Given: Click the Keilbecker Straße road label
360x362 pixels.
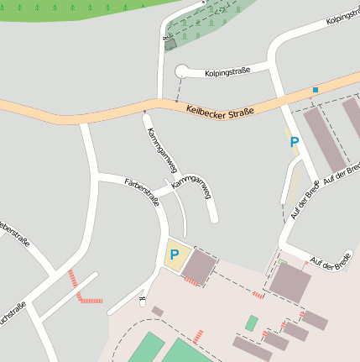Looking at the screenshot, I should tap(220, 109).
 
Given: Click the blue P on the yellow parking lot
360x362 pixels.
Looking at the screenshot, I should tap(175, 254).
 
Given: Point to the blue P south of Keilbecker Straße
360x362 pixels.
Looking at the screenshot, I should tap(294, 143).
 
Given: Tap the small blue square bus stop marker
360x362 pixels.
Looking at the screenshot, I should tap(316, 90).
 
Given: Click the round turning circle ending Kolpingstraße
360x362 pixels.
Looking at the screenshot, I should tap(182, 73).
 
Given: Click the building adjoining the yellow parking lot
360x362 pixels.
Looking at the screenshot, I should tap(199, 267).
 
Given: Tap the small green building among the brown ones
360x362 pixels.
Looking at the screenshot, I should tap(251, 323).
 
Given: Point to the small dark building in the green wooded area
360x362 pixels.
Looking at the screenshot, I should tap(171, 44).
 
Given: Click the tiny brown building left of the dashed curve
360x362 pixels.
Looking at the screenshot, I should tap(157, 312).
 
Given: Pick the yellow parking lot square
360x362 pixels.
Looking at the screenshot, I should tap(177, 255).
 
